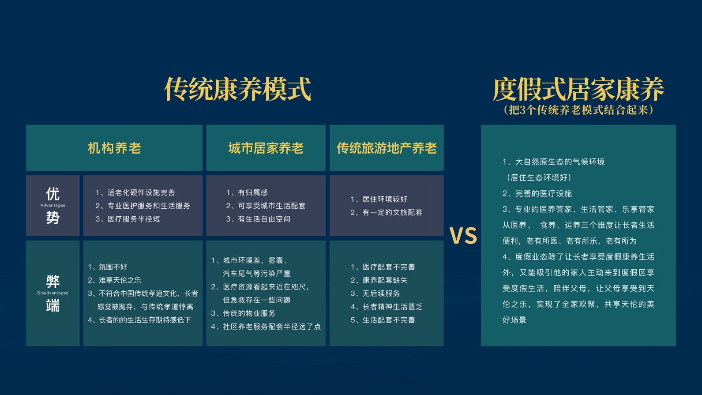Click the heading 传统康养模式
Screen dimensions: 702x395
[237, 89]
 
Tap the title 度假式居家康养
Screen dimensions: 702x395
[578, 89]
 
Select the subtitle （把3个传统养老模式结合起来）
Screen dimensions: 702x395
[578, 110]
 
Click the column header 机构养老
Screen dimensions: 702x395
[114, 148]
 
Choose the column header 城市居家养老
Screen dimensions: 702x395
[266, 148]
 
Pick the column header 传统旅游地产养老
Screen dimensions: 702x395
[387, 148]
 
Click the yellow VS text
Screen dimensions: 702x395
[463, 235]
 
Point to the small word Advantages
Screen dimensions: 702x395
[53, 205]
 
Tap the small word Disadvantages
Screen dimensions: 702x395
[53, 293]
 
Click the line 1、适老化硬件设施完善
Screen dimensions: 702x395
[135, 192]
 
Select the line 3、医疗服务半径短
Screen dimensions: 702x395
[128, 219]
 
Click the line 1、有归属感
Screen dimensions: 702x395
[247, 192]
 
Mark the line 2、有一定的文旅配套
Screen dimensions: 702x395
[387, 212]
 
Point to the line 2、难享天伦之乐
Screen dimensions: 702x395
[114, 280]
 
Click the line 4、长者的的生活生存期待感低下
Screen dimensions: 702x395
[139, 320]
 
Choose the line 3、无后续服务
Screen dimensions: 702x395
[375, 293]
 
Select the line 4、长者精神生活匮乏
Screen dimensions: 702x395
[387, 307]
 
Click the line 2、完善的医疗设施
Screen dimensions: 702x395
[537, 193]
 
